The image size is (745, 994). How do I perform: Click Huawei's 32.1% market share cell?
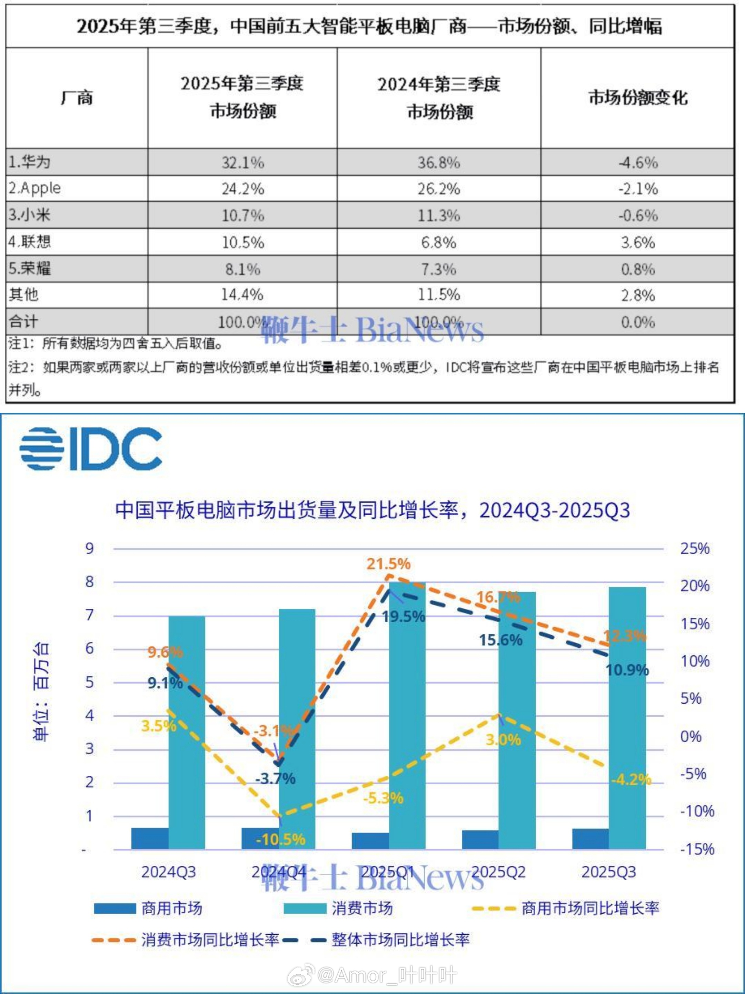click(242, 162)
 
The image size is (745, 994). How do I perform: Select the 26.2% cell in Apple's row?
click(439, 189)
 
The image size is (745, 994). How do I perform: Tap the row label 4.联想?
click(30, 242)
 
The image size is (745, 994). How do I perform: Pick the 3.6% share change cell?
click(638, 243)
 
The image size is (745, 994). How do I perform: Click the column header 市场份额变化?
click(638, 98)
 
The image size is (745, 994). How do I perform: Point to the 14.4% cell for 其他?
click(242, 295)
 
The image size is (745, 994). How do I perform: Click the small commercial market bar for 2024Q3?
click(150, 838)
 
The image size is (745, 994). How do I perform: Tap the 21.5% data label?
click(388, 564)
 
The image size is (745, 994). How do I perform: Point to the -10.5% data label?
click(280, 839)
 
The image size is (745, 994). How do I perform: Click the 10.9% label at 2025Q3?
click(627, 670)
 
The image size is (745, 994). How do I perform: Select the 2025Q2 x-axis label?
click(498, 872)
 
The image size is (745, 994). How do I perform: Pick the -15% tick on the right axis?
click(696, 849)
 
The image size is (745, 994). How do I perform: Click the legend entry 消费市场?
click(338, 908)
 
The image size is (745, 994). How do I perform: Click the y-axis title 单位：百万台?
click(41, 692)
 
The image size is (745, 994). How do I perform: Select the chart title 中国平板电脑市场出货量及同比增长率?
click(372, 510)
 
